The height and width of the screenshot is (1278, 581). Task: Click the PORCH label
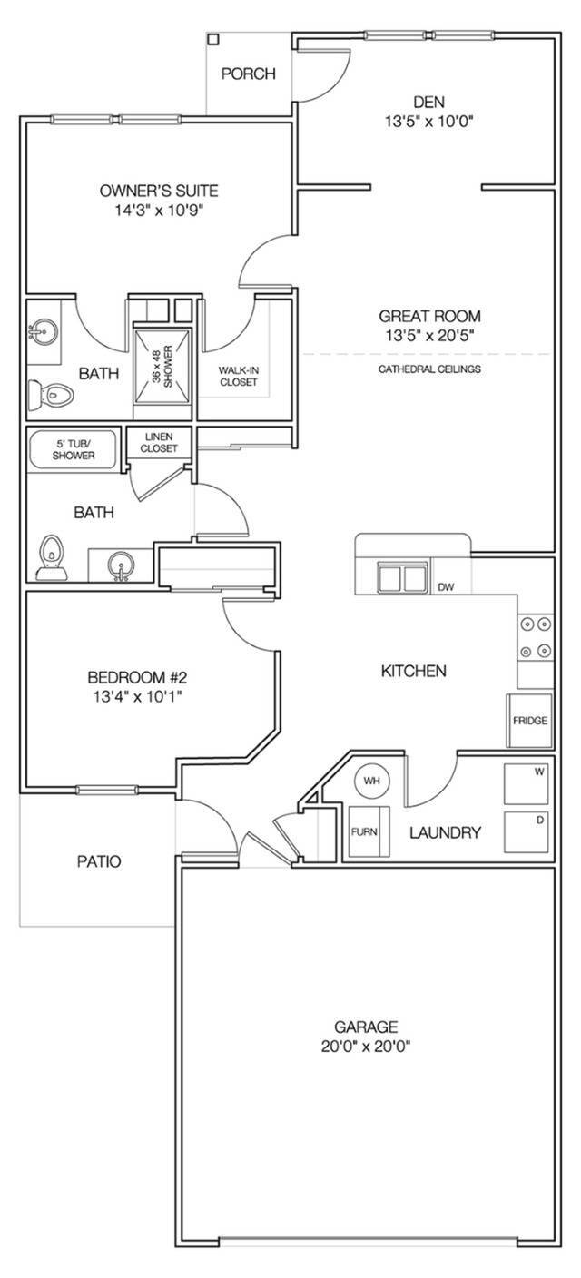[x=248, y=74]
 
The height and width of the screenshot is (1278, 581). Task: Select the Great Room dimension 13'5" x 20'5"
[x=429, y=335]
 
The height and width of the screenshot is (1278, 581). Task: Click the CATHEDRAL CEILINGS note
[x=429, y=369]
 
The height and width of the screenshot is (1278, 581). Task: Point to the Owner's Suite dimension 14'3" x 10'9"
[x=159, y=210]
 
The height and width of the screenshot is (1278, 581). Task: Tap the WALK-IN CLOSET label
[x=238, y=376]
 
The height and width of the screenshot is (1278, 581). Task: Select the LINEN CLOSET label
[x=159, y=442]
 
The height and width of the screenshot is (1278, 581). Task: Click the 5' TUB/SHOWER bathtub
[x=74, y=448]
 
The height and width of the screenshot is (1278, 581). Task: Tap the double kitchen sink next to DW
[x=403, y=576]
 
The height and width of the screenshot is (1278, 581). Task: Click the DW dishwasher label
[x=446, y=587]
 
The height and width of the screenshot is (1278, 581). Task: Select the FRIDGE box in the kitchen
[x=529, y=720]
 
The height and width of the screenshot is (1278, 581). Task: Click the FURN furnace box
[x=365, y=831]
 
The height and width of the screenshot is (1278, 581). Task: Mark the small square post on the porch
[x=213, y=39]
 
